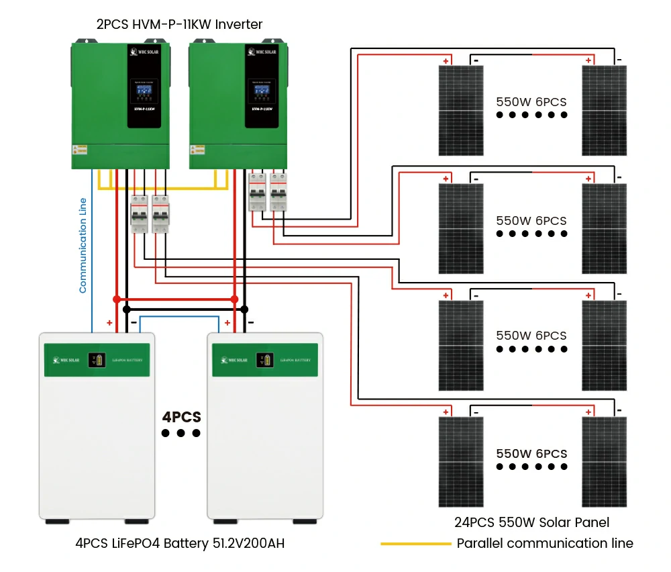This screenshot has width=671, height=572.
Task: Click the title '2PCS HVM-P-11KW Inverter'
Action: point(178,25)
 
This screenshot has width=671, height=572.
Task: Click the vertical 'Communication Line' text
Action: point(83,245)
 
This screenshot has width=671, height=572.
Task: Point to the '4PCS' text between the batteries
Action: point(181,417)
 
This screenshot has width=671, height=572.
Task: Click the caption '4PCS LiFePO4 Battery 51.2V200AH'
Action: point(180,543)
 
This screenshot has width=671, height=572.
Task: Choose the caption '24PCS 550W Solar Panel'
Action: point(531,522)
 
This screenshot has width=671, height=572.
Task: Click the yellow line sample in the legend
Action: point(415,544)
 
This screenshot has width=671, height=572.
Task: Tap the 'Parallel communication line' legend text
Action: point(545,543)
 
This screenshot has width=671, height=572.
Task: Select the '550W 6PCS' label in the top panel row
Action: point(531,103)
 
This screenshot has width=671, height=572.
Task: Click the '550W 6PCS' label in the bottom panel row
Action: point(531,454)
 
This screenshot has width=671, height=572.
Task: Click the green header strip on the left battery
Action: point(97,360)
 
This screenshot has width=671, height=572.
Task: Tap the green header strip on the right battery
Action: point(265,360)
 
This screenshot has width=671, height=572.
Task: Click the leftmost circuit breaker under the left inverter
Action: point(139,214)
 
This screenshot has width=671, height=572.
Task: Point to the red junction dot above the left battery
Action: point(117,299)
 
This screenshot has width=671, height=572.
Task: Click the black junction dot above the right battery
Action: point(244,309)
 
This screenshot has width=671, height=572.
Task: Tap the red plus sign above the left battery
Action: point(109,323)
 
